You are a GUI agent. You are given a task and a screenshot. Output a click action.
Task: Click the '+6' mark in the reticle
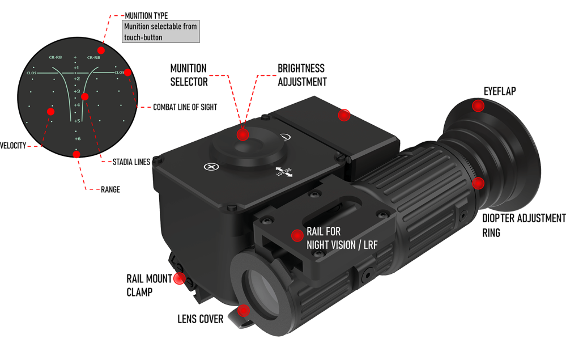pyautogui.click(x=77, y=138)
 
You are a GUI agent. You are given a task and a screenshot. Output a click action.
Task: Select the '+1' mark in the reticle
pyautogui.click(x=76, y=67)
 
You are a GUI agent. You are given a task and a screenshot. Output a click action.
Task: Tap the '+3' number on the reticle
pyautogui.click(x=76, y=91)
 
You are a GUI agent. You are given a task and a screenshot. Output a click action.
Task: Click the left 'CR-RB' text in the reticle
pyautogui.click(x=55, y=57)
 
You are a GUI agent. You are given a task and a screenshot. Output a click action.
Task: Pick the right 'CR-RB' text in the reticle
pyautogui.click(x=93, y=57)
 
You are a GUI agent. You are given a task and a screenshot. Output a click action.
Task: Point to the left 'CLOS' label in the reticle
pyautogui.click(x=31, y=73)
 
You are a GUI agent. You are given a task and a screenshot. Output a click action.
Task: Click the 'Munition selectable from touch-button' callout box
pyautogui.click(x=161, y=32)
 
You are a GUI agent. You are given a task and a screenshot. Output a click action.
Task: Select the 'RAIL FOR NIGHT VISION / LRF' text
pyautogui.click(x=342, y=239)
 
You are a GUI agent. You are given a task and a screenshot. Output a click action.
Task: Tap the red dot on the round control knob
pyautogui.click(x=243, y=134)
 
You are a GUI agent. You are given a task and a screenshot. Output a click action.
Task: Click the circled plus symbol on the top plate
pyautogui.click(x=211, y=167)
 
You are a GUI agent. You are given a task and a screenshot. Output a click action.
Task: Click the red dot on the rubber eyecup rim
pyautogui.click(x=479, y=105)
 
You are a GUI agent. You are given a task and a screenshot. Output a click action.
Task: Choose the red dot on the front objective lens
pyautogui.click(x=244, y=310)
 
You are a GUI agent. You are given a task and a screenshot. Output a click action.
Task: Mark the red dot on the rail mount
pyautogui.click(x=296, y=235)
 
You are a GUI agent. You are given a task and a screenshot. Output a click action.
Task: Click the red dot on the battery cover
pyautogui.click(x=343, y=115)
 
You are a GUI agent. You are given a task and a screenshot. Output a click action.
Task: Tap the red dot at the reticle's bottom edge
pyautogui.click(x=76, y=154)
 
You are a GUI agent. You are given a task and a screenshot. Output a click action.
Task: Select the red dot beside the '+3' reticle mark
pyautogui.click(x=84, y=96)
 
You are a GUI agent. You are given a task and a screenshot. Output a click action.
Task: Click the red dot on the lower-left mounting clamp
pyautogui.click(x=179, y=278)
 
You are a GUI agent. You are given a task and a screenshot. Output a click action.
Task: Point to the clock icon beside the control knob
pyautogui.click(x=286, y=137)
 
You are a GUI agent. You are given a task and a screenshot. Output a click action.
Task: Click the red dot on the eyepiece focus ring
pyautogui.click(x=478, y=183)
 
